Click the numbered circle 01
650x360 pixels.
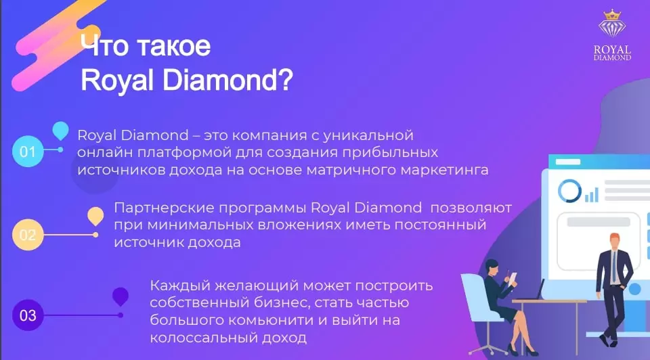pos(28,151)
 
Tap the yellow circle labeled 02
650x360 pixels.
pos(28,235)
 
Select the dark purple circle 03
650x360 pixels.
pos(28,315)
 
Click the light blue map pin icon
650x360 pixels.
pos(60,131)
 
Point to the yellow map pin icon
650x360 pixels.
pos(95,216)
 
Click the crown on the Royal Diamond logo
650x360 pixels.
pos(612,15)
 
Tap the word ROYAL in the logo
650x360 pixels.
pos(612,49)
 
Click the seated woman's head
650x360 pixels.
pos(492,267)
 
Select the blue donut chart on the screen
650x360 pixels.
pos(569,191)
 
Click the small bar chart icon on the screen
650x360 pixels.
pos(592,194)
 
